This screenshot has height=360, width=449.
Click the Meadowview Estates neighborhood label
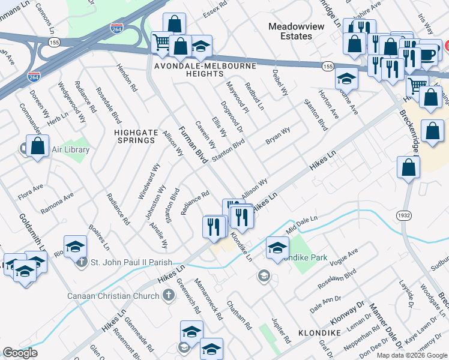(x=290, y=31)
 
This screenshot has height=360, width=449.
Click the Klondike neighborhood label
(x=319, y=332)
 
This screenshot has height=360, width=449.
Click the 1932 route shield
(x=403, y=214)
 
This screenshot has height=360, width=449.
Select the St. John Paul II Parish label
(x=130, y=262)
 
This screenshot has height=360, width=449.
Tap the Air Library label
(x=70, y=150)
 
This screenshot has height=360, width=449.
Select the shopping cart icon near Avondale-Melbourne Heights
(x=161, y=42)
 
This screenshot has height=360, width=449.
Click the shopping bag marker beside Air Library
(x=37, y=146)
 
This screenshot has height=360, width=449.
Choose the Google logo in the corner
(x=19, y=353)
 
